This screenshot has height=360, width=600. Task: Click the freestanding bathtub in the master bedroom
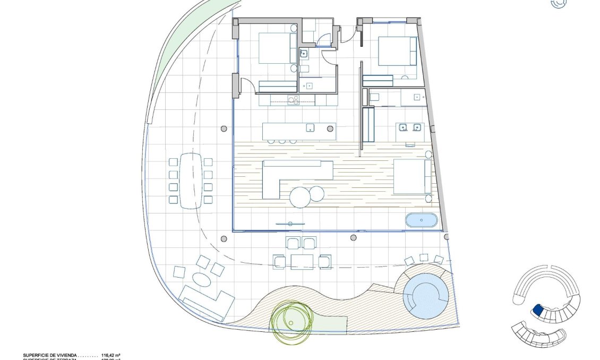(x=422, y=220)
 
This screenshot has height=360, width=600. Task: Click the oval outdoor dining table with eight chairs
(x=191, y=181)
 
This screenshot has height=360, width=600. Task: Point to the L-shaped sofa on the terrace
(x=206, y=302)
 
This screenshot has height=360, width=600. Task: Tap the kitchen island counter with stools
(x=299, y=131)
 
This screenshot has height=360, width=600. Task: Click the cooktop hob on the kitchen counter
(x=294, y=100)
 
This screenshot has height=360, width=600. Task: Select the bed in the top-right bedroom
(x=397, y=51)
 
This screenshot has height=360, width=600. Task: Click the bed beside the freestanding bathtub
(x=412, y=177)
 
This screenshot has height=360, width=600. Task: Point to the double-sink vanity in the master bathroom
(x=409, y=128)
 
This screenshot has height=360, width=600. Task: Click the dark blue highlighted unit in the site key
(x=537, y=310)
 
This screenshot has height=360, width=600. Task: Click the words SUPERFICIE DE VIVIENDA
(x=50, y=354)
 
